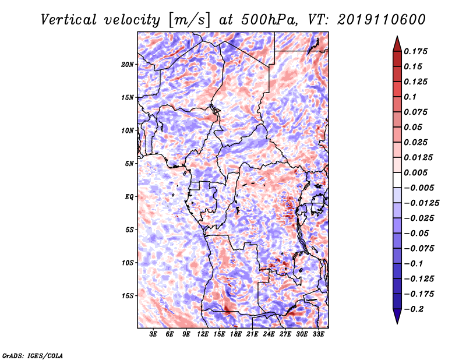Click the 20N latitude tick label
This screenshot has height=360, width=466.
(x=128, y=65)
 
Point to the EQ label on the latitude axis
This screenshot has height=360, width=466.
(x=129, y=197)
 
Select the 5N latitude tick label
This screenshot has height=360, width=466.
(x=129, y=164)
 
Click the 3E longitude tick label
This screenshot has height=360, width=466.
(x=153, y=334)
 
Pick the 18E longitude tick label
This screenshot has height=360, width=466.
(x=236, y=334)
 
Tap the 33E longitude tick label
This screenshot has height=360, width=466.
(x=318, y=334)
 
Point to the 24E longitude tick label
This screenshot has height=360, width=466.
(x=269, y=334)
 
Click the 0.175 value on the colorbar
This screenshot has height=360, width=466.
(x=415, y=51)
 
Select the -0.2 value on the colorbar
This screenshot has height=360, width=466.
(x=414, y=309)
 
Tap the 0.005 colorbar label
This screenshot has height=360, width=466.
(x=415, y=172)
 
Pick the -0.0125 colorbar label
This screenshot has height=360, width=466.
(x=421, y=203)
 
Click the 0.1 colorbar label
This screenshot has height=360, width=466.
(x=410, y=97)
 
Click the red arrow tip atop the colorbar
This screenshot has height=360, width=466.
(x=397, y=37)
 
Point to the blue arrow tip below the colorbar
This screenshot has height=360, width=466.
(x=397, y=323)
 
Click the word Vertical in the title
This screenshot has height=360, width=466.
(x=69, y=20)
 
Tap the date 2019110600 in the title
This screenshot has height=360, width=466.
(x=382, y=20)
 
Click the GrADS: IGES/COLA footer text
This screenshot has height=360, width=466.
(x=33, y=355)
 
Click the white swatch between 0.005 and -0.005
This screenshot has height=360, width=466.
(x=397, y=180)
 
